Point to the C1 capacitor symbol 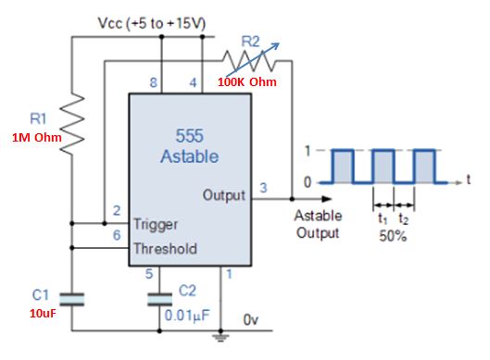(x=71, y=297)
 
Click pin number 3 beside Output (x=263, y=187)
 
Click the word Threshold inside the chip (x=167, y=248)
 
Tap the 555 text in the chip (x=190, y=136)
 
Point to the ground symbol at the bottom (x=225, y=339)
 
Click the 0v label (x=251, y=318)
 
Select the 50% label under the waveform (x=392, y=237)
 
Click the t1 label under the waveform (x=382, y=220)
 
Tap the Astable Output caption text (x=318, y=224)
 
